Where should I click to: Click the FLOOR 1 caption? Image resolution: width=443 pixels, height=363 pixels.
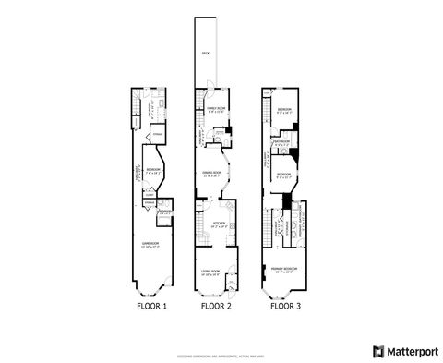(153, 305)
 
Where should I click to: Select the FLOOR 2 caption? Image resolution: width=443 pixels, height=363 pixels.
(216, 305)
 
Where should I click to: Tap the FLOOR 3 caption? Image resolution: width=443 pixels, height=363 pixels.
(285, 305)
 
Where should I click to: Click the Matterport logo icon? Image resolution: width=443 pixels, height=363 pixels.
(377, 351)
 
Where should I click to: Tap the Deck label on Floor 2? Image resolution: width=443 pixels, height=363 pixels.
(206, 53)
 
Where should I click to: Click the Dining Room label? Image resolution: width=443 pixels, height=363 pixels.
(214, 172)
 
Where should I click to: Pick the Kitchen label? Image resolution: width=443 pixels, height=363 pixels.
(220, 224)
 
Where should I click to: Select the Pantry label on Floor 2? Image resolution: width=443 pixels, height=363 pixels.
(220, 132)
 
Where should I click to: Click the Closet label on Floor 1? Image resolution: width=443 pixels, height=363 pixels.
(149, 195)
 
